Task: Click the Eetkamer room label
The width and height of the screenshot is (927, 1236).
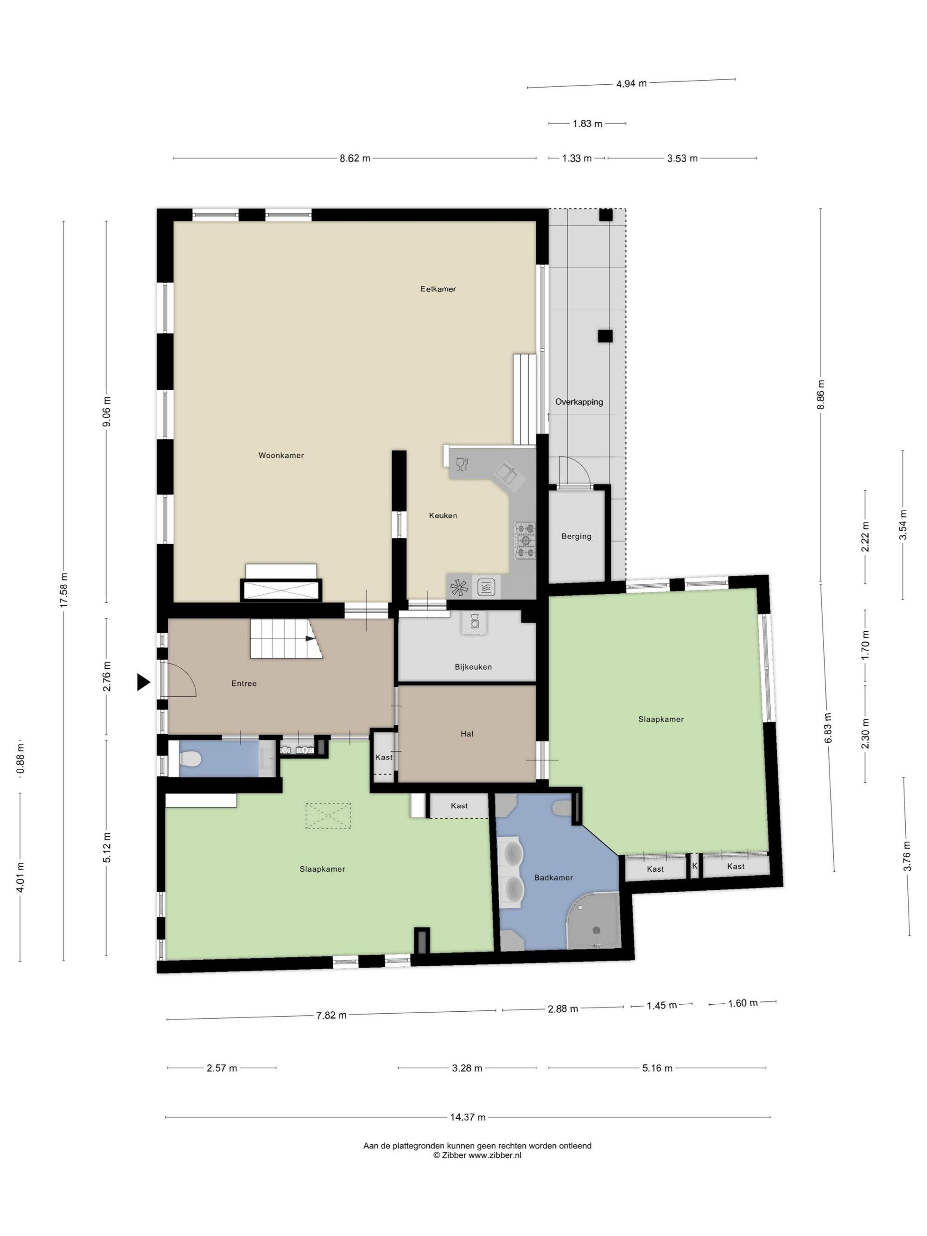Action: point(438,289)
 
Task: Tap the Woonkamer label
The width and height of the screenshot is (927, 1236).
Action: point(281,456)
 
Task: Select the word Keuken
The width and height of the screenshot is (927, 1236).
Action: point(443,515)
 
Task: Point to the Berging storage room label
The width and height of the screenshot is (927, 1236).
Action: point(576,536)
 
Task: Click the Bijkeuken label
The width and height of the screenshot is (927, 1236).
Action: point(473,666)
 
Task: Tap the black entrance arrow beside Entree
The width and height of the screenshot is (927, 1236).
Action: point(144,682)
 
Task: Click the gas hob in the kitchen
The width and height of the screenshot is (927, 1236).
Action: point(525,540)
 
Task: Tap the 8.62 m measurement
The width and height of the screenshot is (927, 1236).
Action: point(355,158)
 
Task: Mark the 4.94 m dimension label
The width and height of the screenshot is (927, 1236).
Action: point(631,84)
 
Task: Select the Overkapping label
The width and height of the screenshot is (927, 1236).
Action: point(579,402)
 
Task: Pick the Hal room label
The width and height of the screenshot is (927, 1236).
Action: point(467,734)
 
